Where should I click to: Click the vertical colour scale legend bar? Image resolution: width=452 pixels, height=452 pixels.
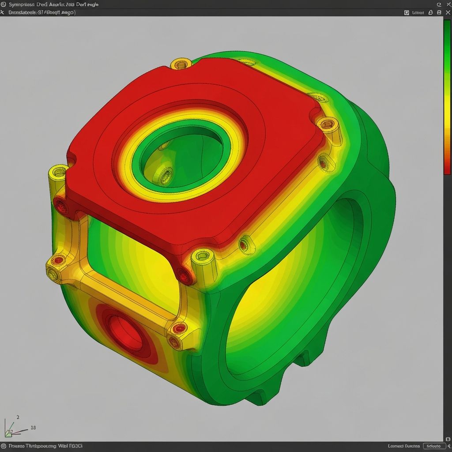447,97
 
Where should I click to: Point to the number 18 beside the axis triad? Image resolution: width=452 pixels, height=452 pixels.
33,427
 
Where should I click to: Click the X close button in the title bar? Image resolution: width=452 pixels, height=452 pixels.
445,4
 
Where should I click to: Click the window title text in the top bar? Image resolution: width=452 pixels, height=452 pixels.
53,4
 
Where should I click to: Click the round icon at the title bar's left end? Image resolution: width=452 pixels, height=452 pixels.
4,4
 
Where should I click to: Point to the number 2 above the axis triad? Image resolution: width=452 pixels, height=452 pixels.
18,417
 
